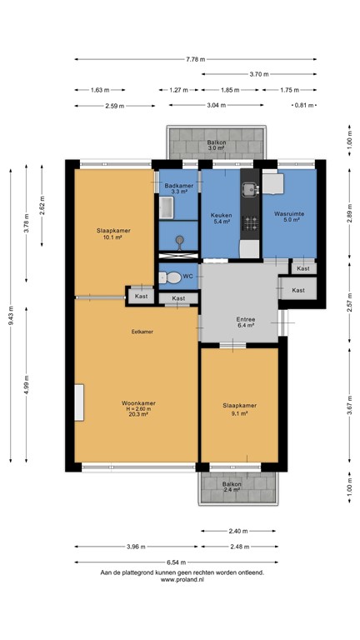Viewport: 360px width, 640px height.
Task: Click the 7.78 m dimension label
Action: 196,59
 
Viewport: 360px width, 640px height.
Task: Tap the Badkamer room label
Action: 177,185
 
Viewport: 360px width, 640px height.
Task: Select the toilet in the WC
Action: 172,277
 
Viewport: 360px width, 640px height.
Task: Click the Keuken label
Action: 221,214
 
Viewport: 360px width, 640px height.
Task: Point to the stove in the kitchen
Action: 248,223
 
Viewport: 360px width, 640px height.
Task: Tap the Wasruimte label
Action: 289,214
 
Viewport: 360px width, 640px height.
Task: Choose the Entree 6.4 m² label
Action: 245,322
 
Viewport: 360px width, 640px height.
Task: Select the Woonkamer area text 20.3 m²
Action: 138,414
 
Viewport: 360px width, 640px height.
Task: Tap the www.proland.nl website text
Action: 182,580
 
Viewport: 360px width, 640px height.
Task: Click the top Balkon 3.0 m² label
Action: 216,147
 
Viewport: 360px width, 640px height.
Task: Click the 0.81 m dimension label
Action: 307,105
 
